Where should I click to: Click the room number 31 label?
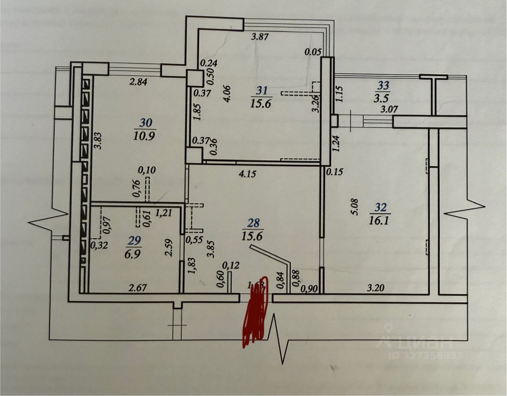coord(261,90)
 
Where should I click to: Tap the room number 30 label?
coord(145,123)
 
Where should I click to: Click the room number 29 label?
coord(135,240)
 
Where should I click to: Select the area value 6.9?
coord(135,253)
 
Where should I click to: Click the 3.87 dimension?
coord(260,38)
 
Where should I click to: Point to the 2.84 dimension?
coord(139,82)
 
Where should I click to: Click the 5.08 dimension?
coord(355,207)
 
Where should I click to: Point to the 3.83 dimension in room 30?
coord(98,140)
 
